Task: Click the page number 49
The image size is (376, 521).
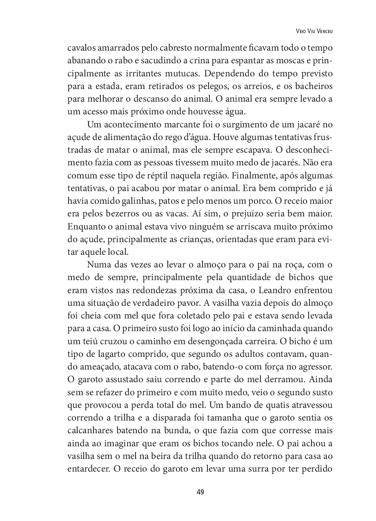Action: click(x=200, y=492)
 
